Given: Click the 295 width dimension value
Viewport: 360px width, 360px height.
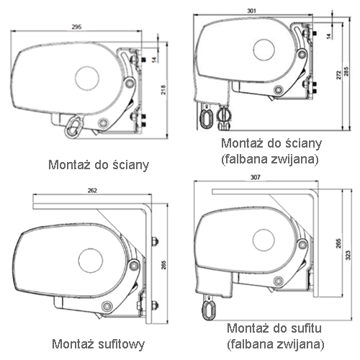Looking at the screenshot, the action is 76,27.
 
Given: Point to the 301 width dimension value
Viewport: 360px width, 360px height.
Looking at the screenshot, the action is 251,11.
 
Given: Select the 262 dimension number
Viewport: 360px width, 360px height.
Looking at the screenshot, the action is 92,191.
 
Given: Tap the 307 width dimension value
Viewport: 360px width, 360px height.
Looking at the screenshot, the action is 255,177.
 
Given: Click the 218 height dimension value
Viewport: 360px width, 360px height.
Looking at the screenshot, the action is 163,90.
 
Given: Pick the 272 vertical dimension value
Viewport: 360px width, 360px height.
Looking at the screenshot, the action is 338,75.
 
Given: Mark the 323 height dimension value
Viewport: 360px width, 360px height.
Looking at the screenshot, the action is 348,255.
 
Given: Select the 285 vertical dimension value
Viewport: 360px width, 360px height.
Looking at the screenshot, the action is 346,71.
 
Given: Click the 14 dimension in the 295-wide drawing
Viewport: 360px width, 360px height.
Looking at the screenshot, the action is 154,59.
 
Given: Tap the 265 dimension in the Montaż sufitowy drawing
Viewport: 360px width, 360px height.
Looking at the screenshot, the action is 163,265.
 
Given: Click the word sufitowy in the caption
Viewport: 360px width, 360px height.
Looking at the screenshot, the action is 121,344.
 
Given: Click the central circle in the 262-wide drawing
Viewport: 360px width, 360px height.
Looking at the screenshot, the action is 91,261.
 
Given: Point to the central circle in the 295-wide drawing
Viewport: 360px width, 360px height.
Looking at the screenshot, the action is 87,78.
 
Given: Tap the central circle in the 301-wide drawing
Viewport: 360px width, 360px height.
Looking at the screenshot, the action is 264,50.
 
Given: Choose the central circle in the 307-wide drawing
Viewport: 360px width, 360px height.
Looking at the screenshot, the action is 264,240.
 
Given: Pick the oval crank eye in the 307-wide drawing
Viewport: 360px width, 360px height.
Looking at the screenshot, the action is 208,309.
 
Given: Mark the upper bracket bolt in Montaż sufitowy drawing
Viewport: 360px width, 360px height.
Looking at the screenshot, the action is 154,241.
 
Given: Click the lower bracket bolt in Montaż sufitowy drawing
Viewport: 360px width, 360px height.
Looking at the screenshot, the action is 154,305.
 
